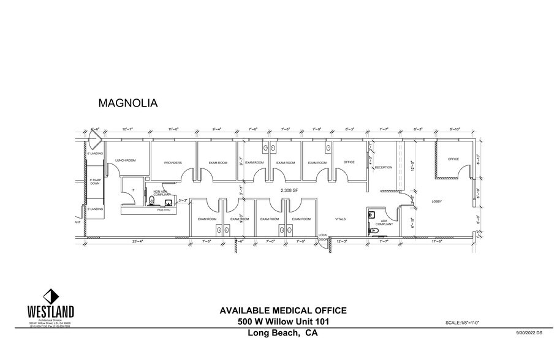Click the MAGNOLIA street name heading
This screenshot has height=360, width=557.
click(128, 103)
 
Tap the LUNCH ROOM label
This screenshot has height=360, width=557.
click(126, 160)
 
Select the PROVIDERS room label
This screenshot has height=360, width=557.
click(174, 163)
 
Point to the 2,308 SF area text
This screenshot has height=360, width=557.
click(289, 190)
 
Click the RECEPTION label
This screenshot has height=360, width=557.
click(383, 167)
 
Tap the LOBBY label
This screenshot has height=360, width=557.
click(437, 201)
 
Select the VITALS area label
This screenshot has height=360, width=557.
click(341, 219)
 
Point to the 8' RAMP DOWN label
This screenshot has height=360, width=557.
click(95, 181)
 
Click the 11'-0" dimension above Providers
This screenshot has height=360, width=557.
click(173, 129)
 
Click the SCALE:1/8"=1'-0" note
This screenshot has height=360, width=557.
click(469, 323)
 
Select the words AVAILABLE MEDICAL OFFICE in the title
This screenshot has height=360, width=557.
click(283, 310)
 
